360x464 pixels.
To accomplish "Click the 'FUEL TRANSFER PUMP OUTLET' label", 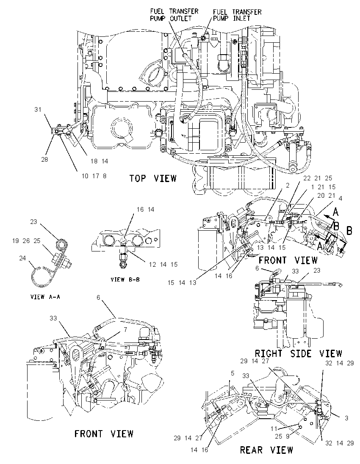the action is pyautogui.click(x=174, y=15).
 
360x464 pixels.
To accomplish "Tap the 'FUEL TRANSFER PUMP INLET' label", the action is pyautogui.click(x=237, y=15).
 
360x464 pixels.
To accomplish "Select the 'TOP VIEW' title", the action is pyautogui.click(x=153, y=178).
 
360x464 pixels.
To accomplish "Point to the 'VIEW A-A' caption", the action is pyautogui.click(x=45, y=296).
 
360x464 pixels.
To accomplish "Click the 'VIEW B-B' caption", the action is pyautogui.click(x=125, y=279).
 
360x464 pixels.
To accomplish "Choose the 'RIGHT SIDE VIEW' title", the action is pyautogui.click(x=299, y=354).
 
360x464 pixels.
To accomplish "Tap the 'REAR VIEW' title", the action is pyautogui.click(x=266, y=450).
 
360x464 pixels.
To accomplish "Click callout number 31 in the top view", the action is pyautogui.click(x=38, y=110).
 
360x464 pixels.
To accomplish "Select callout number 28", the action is pyautogui.click(x=44, y=160).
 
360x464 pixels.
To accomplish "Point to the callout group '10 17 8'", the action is pyautogui.click(x=94, y=176).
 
